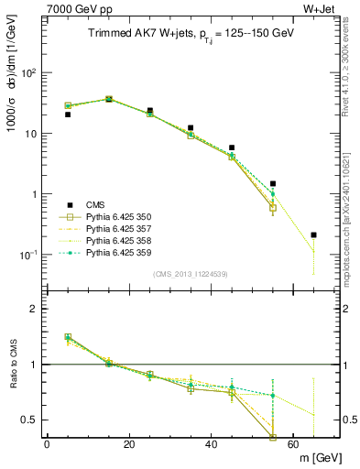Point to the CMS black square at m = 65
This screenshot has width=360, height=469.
point(313,235)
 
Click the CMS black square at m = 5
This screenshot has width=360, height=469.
point(68,115)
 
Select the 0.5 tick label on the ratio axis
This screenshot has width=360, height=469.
point(29,420)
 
